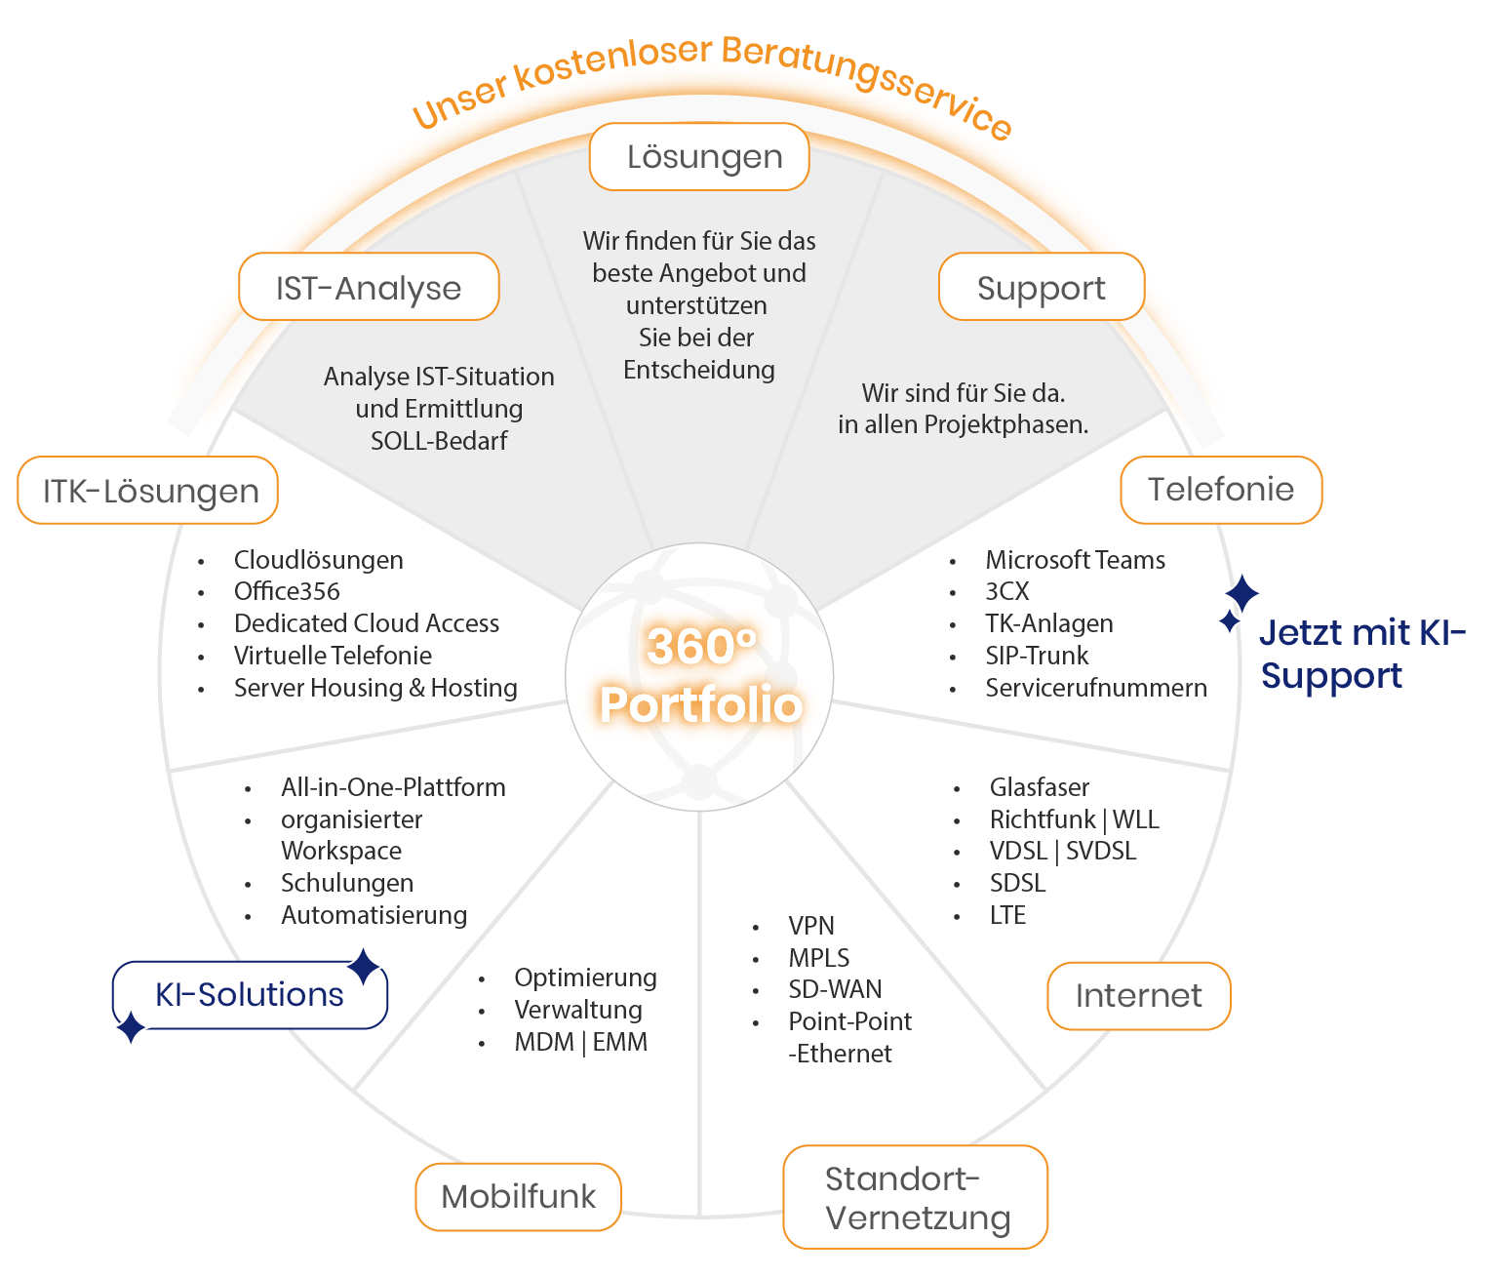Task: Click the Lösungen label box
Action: coord(699,157)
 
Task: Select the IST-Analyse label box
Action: coord(369,288)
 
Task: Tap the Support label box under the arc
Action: coord(1041,288)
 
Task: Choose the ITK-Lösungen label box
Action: coord(148,491)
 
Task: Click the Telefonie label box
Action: coord(1221,490)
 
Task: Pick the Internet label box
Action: coord(1138,996)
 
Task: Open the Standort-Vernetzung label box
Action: coord(915,1198)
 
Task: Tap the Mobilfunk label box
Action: coord(518,1197)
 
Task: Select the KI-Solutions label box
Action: coord(250,995)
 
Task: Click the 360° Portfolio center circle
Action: coord(699,676)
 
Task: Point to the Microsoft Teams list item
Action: coord(1075,560)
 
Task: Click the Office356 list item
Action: coord(287,591)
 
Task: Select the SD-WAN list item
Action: coord(835,989)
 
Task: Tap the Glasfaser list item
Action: coord(1039,787)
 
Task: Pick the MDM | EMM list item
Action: coord(580,1042)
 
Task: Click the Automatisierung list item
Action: coord(374,915)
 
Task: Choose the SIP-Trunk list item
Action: coord(1036,656)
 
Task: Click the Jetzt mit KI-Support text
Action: coord(1360,655)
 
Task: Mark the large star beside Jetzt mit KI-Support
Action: coord(1241,593)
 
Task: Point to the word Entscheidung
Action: coord(699,370)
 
